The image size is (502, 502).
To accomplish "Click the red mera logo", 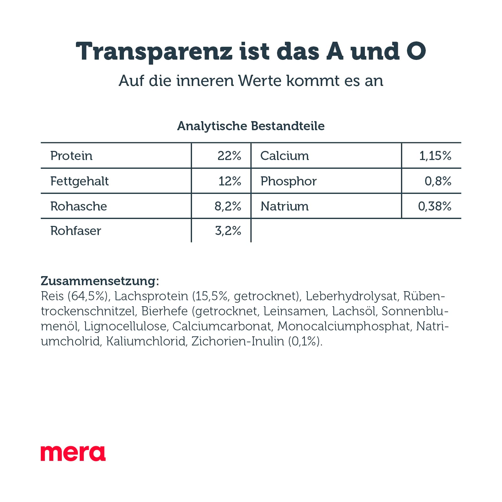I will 73,453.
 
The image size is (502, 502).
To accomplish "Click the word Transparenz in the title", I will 154,51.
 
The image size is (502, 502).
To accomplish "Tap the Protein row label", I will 72,156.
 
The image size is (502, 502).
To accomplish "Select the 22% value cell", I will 229,156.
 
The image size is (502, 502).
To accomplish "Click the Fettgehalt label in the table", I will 79,181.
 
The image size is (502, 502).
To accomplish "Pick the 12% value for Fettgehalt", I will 230,181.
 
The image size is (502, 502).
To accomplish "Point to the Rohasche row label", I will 78,206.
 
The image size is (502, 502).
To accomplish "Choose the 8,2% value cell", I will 228,206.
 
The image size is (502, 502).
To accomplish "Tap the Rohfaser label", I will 76,231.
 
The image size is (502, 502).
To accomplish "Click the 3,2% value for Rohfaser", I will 228,231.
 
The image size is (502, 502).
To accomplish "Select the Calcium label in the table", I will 285,156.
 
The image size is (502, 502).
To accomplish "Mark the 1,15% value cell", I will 435,156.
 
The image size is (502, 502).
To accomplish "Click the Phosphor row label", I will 289,181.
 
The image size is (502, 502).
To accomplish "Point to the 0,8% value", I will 438,181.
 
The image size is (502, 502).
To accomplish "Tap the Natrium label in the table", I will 285,206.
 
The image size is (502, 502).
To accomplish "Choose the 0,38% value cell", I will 435,206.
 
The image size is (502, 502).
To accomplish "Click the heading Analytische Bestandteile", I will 251,126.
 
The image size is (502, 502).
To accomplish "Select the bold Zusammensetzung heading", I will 100,281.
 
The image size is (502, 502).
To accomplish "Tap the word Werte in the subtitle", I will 260,81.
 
